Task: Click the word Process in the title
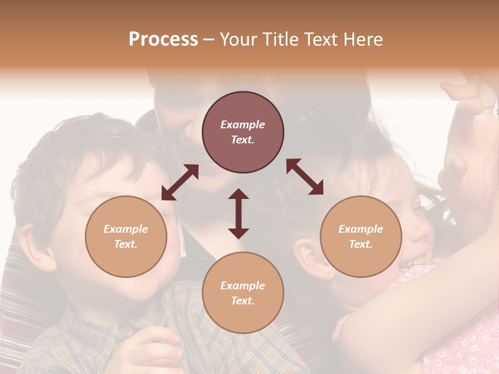pyautogui.click(x=163, y=39)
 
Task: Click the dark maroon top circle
pyautogui.click(x=243, y=132)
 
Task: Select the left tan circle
pyautogui.click(x=126, y=237)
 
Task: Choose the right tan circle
pyautogui.click(x=361, y=237)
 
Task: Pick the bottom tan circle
pyautogui.click(x=243, y=293)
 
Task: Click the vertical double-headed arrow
pyautogui.click(x=239, y=213)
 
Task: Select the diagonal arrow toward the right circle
pyautogui.click(x=305, y=177)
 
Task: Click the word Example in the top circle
pyautogui.click(x=243, y=125)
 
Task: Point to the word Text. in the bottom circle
pyautogui.click(x=243, y=301)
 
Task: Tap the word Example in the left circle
pyautogui.click(x=126, y=229)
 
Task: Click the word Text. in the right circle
pyautogui.click(x=361, y=244)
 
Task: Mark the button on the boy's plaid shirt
pyautogui.click(x=125, y=329)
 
